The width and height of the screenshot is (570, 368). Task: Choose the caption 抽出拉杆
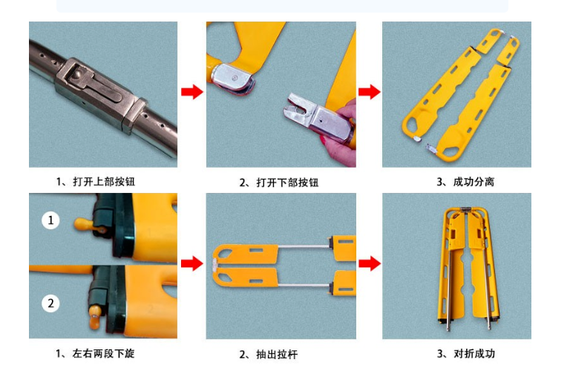coord(272,355)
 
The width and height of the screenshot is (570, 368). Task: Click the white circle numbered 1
coord(50,220)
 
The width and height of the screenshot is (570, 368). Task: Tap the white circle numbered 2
coord(50,303)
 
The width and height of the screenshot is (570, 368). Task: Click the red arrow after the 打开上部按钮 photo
coord(191,92)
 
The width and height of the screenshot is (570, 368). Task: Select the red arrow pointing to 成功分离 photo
coord(369,92)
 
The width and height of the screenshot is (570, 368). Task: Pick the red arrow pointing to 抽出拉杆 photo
coord(191,264)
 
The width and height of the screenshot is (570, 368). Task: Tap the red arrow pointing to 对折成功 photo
coord(369,264)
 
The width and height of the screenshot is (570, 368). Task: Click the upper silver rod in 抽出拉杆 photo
coord(304,244)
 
